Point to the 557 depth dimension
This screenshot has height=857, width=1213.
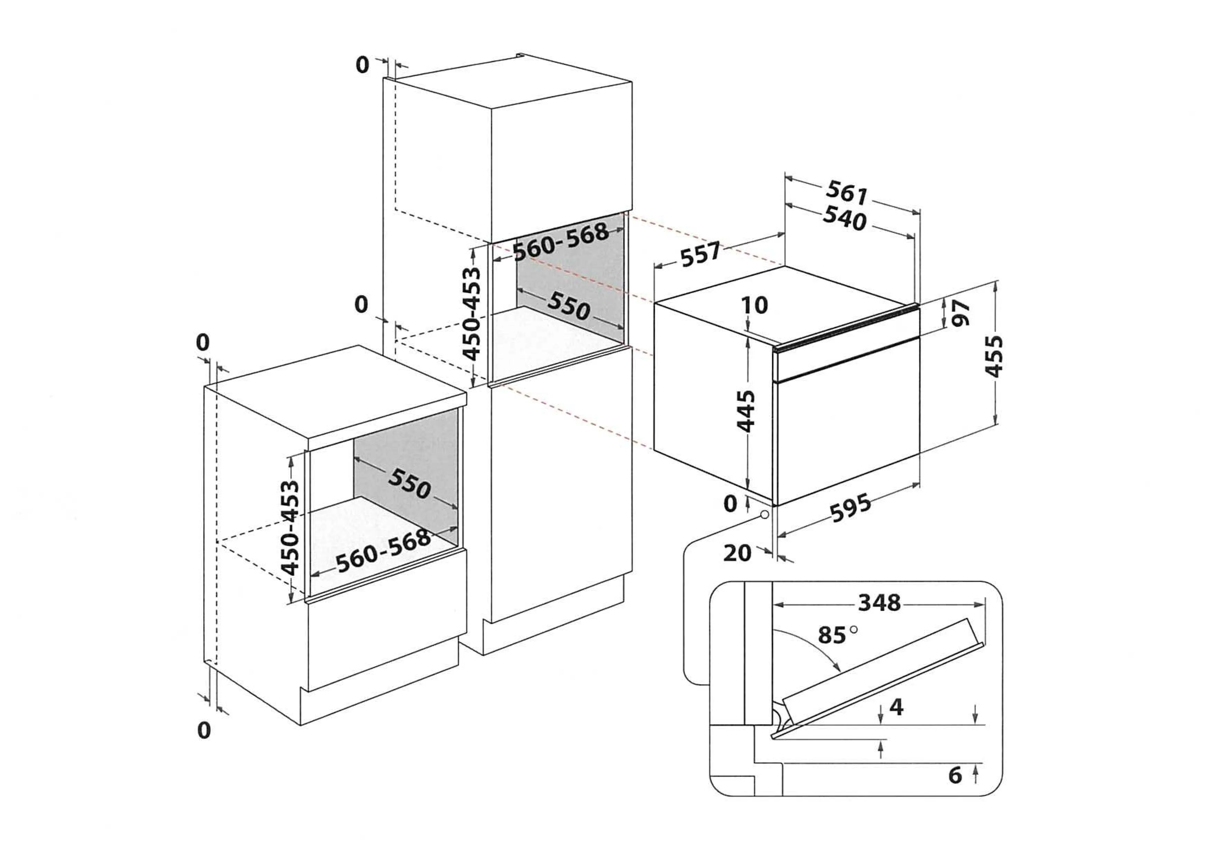(700, 255)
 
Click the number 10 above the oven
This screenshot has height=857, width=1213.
(754, 305)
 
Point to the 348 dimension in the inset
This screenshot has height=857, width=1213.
(879, 602)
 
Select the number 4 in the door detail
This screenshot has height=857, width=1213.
(897, 707)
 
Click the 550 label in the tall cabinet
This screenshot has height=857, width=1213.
(568, 306)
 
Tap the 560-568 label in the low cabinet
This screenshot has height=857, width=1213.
(384, 551)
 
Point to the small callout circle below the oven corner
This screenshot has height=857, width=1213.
(764, 515)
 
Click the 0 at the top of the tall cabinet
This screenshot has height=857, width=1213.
(362, 65)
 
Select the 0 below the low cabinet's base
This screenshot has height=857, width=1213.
(204, 730)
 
